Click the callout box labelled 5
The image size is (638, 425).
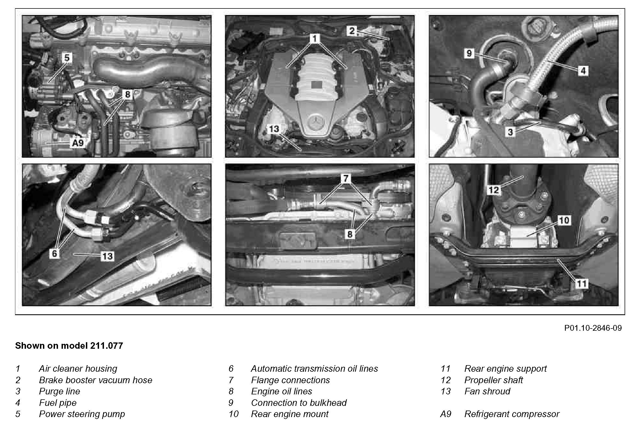[x=67, y=58]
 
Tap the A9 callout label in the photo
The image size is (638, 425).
[x=78, y=143]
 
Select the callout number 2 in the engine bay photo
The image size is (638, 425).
[x=352, y=31]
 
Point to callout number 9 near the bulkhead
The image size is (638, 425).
[x=469, y=53]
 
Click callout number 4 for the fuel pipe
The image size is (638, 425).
[x=583, y=71]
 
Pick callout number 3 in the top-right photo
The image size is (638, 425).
[x=510, y=132]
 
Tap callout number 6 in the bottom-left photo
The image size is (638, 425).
[x=54, y=253]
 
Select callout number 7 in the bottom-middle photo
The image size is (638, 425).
[x=346, y=178]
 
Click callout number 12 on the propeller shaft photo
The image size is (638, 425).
[x=494, y=190]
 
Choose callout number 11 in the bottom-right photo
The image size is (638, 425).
[x=581, y=284]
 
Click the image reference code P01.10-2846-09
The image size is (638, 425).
[x=593, y=328]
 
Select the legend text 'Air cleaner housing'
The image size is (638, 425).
[x=78, y=369]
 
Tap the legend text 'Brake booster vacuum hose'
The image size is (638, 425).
[x=95, y=380]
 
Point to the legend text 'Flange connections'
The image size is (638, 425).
[x=290, y=380]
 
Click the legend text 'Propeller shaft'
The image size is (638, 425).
[x=493, y=380]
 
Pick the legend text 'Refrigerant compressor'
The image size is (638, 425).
[x=512, y=414]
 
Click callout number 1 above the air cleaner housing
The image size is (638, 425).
[x=315, y=39]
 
